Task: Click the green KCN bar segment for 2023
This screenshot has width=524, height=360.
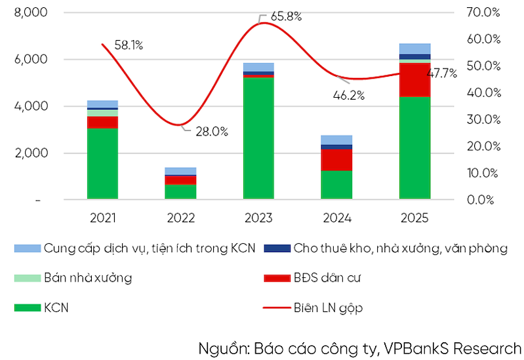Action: [258, 138]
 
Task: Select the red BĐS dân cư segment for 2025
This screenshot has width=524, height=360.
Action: [414, 79]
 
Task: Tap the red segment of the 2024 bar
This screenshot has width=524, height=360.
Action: [336, 159]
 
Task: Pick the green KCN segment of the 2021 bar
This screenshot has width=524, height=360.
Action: [102, 163]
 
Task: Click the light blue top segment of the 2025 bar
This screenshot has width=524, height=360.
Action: [414, 49]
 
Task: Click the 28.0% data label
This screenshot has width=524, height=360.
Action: [211, 132]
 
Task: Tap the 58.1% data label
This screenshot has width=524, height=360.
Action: [129, 45]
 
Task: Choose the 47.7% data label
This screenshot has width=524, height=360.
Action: [442, 73]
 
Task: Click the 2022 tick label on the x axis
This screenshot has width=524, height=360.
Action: [180, 217]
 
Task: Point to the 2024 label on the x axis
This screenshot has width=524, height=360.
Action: [336, 217]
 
